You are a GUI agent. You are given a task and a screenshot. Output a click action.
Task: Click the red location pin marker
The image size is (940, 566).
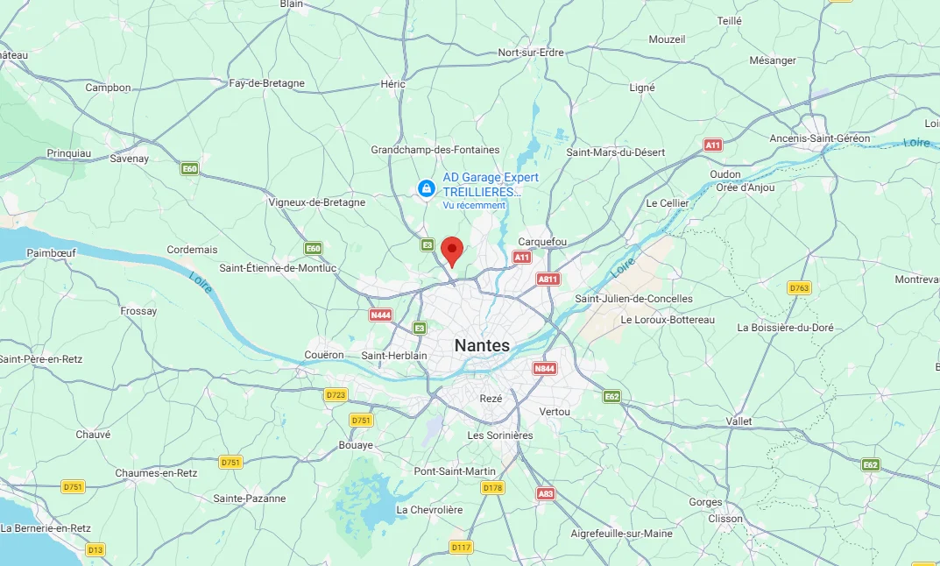tap(452, 251)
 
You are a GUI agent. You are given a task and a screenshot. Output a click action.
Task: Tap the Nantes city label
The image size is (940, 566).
tap(482, 346)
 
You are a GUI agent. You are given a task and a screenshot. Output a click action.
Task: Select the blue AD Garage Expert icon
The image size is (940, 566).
tap(426, 187)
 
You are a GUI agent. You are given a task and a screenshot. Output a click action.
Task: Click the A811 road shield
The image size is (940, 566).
tap(548, 279)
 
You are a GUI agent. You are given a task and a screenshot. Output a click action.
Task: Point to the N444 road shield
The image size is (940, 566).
tap(380, 315)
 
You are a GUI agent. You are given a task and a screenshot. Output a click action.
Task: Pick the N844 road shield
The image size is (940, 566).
tap(544, 369)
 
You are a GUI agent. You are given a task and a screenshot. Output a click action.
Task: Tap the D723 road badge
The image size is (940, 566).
tap(336, 395)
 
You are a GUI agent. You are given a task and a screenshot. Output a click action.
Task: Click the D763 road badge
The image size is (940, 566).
tap(799, 287)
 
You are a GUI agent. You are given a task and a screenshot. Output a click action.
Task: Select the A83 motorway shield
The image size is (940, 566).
tap(546, 494)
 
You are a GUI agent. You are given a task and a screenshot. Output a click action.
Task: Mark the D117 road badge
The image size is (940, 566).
tap(461, 548)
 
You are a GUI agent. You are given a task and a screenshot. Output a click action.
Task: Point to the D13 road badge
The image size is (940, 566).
tap(95, 549)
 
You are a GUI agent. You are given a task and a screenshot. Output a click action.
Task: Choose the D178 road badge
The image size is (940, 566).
tap(492, 488)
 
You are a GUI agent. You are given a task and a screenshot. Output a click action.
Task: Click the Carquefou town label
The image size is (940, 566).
tap(543, 242)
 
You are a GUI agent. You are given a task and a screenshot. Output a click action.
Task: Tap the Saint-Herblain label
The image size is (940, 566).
tap(394, 356)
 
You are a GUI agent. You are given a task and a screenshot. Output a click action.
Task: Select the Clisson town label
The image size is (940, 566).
tap(727, 518)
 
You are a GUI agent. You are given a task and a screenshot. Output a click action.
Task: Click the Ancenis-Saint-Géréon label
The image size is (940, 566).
tap(820, 138)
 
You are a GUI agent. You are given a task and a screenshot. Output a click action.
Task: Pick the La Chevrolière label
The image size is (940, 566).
tap(430, 509)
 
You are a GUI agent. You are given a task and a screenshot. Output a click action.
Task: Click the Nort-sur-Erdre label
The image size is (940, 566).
tap(531, 53)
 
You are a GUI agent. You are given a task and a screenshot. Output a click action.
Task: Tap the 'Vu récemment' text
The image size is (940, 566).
tap(474, 205)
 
